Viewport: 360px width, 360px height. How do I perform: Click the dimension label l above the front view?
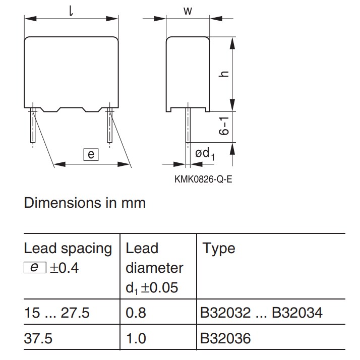point(71,10)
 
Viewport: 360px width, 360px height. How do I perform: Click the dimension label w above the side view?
point(187,11)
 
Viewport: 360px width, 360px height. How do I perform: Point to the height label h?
point(225,73)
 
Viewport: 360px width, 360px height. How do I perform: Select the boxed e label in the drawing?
point(91,155)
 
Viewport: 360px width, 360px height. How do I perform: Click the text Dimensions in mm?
point(85,203)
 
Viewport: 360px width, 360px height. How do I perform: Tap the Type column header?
point(218,249)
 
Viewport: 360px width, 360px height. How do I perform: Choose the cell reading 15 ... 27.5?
point(57,313)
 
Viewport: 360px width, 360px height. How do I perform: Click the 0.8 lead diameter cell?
point(136,313)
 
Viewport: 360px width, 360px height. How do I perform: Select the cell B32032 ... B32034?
point(262,313)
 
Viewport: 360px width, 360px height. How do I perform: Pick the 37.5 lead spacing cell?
point(38,337)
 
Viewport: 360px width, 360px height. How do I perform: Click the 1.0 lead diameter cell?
point(136,337)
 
